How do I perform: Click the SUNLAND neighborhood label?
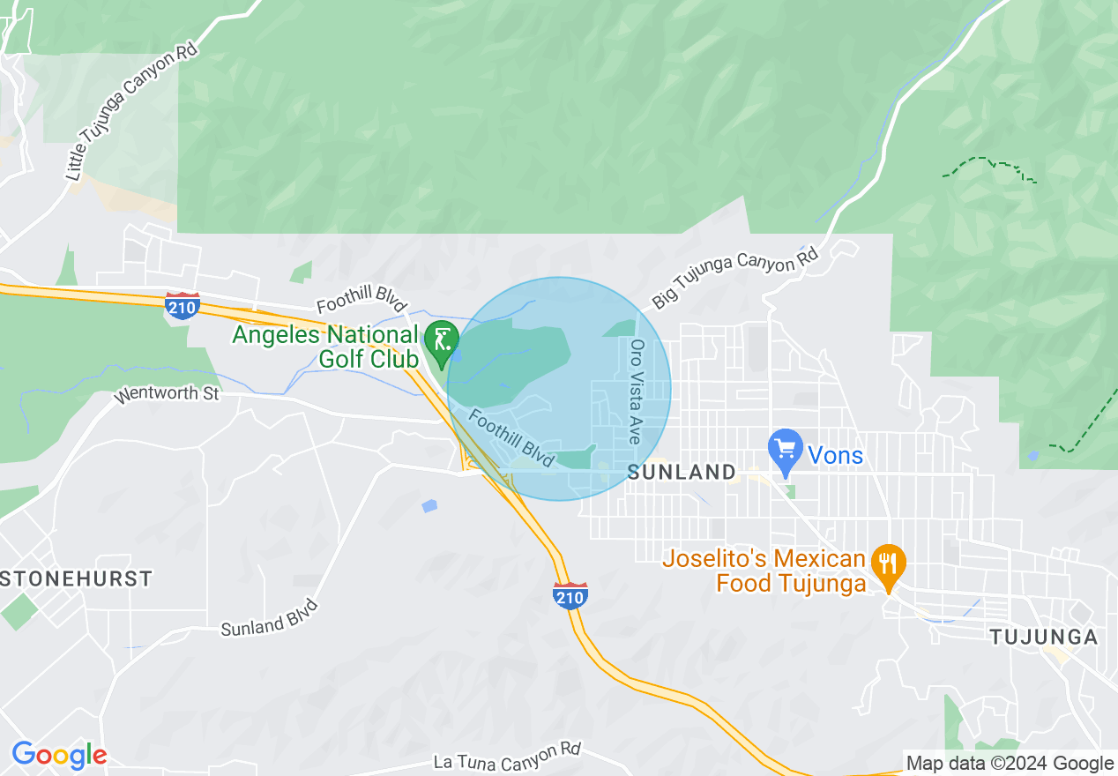tap(682, 473)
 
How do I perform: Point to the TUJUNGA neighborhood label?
tap(1043, 638)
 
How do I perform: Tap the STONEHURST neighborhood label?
tap(76, 579)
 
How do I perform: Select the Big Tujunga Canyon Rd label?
tap(735, 279)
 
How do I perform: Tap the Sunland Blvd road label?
tap(268, 618)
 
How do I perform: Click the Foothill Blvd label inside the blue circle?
tap(511, 438)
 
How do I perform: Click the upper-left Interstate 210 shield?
tap(182, 305)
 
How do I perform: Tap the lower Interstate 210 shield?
tap(570, 595)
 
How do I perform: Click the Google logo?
tap(59, 756)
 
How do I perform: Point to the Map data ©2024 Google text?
tap(1010, 764)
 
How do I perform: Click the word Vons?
tap(836, 456)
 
